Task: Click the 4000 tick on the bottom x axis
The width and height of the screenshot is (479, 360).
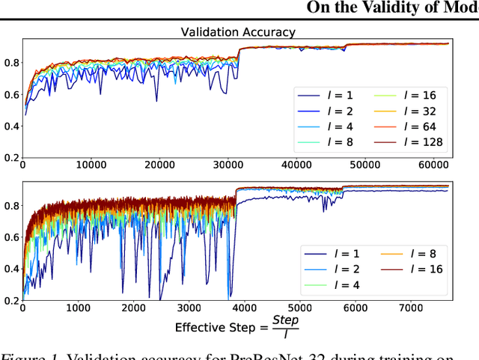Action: click(244, 308)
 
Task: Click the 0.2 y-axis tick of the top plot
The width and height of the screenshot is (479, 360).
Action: click(10, 157)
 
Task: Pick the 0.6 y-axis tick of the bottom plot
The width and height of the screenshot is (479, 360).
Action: click(10, 237)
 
